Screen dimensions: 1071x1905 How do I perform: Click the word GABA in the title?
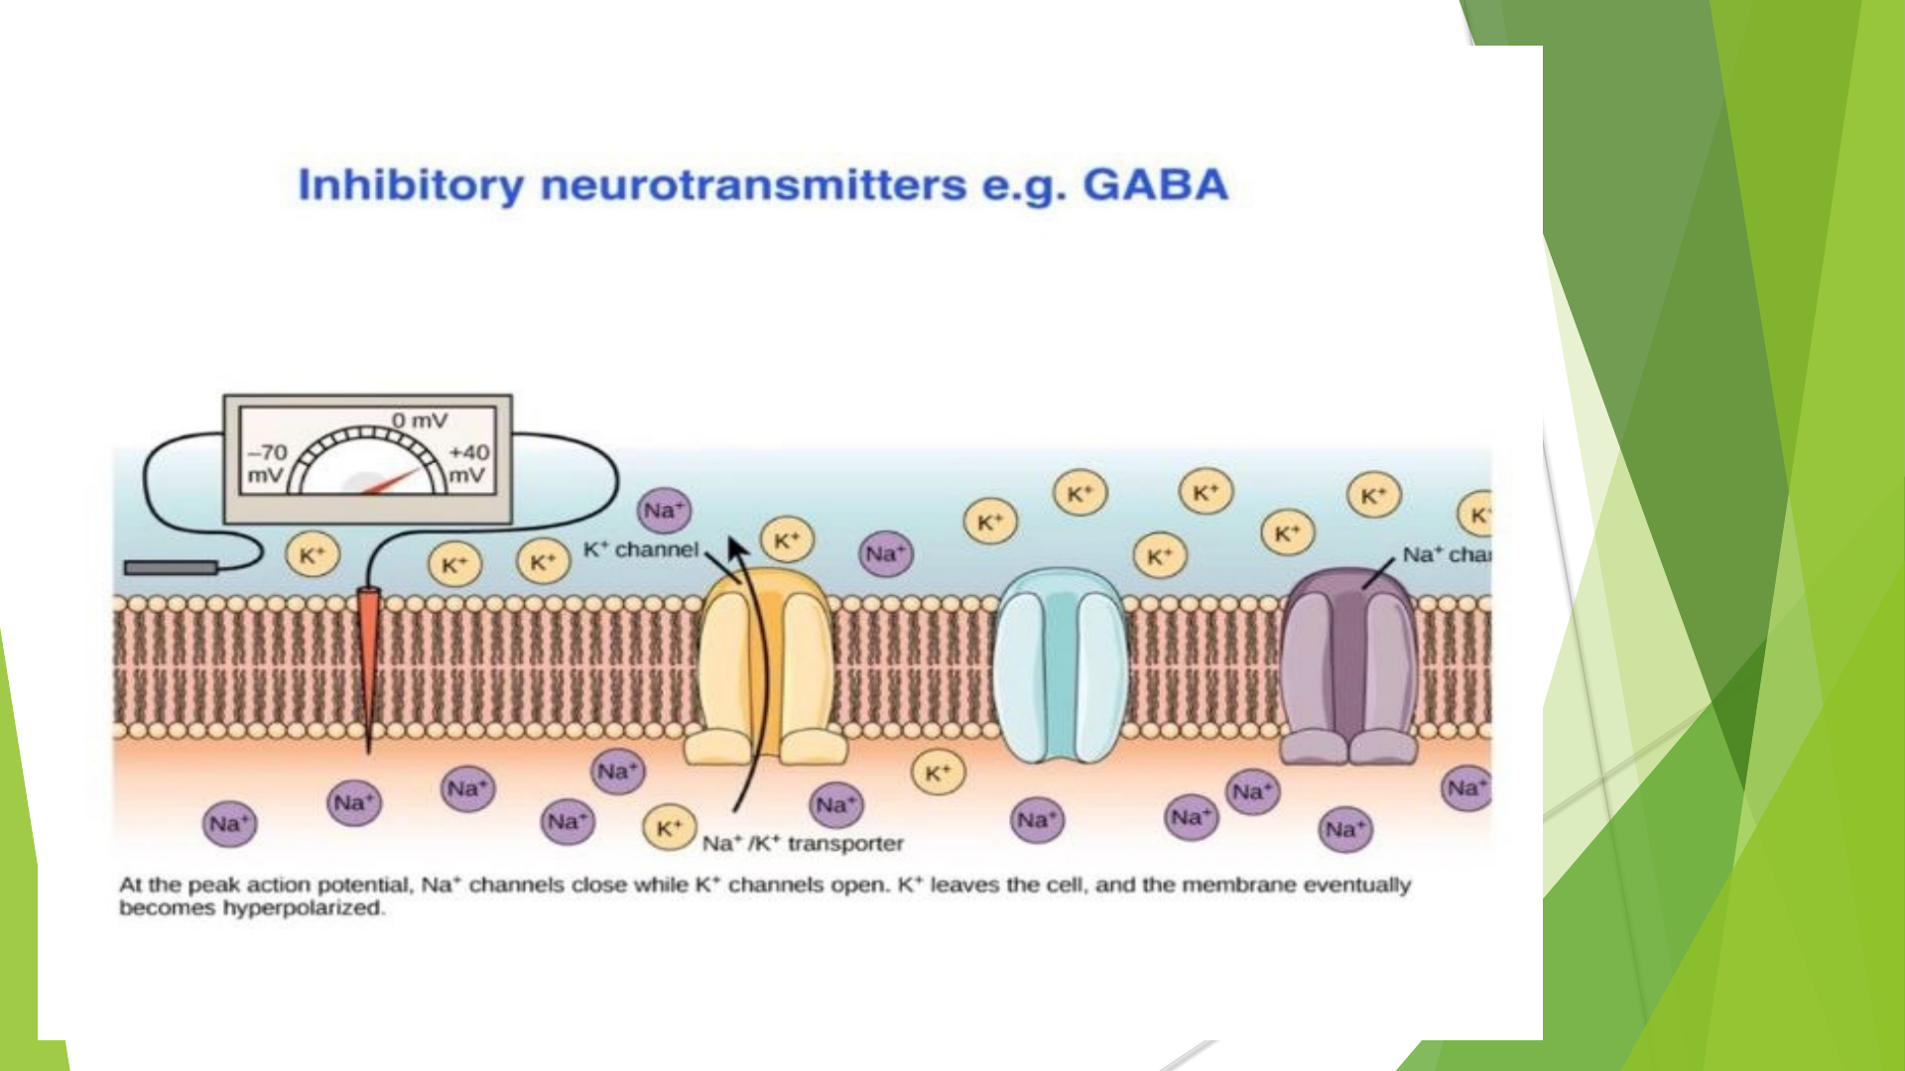[1155, 184]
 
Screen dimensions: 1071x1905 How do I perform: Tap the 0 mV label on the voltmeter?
[419, 420]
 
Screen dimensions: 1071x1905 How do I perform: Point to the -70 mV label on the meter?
[266, 463]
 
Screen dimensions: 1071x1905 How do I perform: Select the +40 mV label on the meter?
[468, 463]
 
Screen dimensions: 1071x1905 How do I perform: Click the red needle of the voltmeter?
[393, 482]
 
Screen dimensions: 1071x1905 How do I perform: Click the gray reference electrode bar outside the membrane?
[171, 567]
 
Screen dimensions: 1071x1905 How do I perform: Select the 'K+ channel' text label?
[641, 549]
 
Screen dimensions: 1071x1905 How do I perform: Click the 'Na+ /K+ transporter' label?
[802, 844]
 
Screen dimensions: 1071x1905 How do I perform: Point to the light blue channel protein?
[1061, 664]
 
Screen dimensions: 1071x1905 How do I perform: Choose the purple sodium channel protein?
[1348, 664]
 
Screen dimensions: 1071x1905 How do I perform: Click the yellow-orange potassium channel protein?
[765, 664]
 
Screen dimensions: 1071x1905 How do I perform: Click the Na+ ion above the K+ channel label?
[664, 511]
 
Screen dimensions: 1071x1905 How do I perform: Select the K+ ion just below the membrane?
[938, 773]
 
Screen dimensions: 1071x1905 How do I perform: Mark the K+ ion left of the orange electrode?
[313, 555]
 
